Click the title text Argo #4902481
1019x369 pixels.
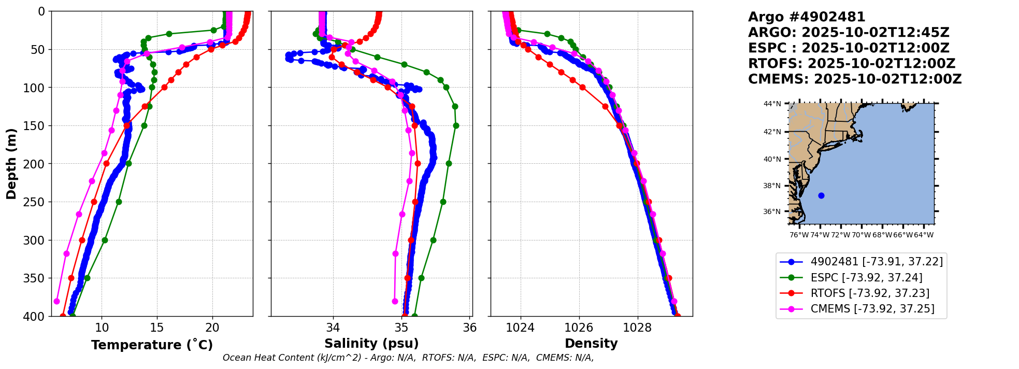coord(807,17)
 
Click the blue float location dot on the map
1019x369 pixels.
coord(821,195)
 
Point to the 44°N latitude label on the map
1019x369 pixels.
coord(772,104)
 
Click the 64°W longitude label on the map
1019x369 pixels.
coord(924,235)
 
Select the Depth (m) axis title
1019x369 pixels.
coord(11,163)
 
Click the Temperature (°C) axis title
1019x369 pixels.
coord(152,345)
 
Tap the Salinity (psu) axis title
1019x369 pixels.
coord(371,344)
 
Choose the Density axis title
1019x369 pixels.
coord(591,344)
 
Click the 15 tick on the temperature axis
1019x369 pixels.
coord(157,328)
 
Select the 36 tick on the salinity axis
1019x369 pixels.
coord(470,328)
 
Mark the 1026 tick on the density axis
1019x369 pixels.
coord(579,328)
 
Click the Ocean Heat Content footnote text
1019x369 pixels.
coord(408,358)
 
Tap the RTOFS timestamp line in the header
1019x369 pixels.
coord(851,64)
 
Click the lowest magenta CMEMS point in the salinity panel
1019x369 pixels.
coord(395,301)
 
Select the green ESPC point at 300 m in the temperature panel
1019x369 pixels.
coord(105,240)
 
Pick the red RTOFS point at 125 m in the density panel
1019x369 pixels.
coord(605,106)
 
